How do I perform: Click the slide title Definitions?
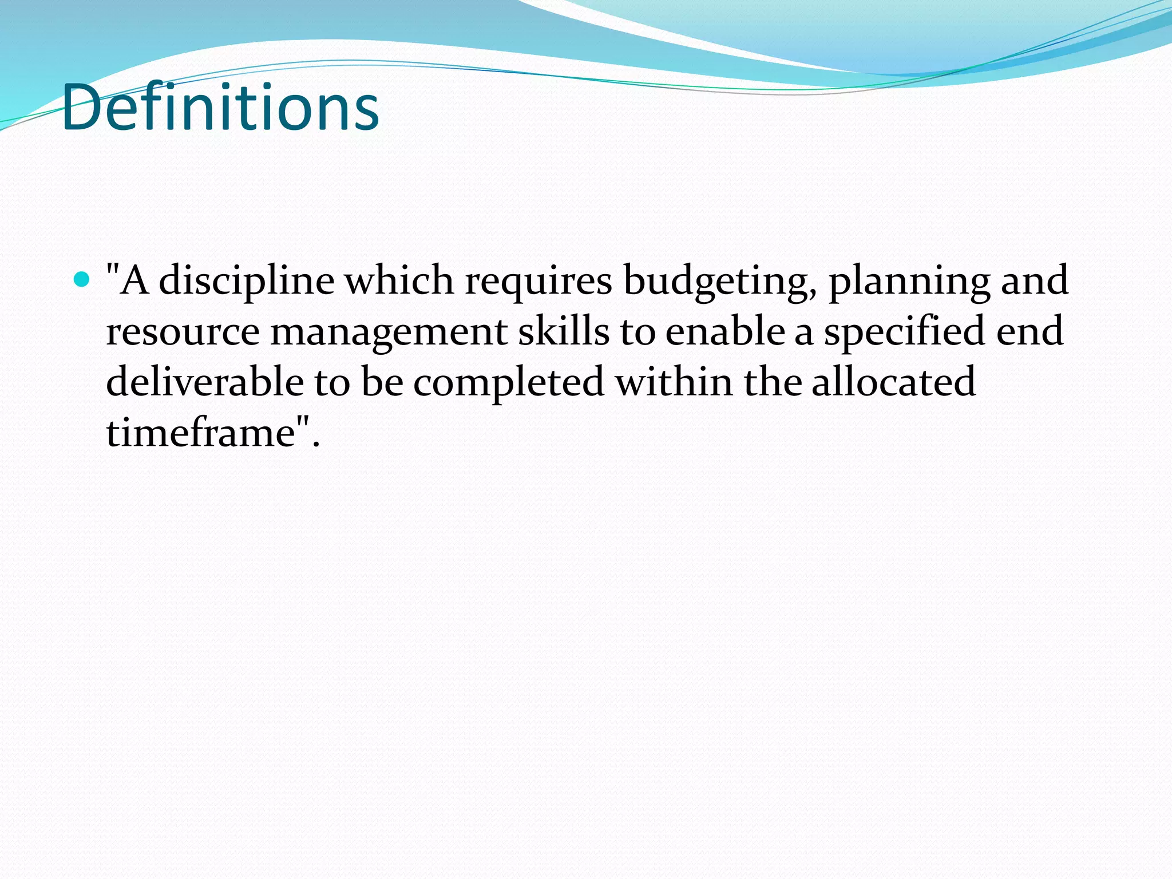pos(220,108)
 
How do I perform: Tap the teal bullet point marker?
pos(82,280)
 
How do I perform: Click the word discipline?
pos(246,280)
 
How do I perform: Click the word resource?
pos(183,332)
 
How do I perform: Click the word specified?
pos(904,332)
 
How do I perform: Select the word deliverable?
pos(205,382)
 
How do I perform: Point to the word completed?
pos(509,383)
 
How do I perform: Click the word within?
pos(674,382)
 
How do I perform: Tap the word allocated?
pos(893,382)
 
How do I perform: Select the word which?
pos(399,280)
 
